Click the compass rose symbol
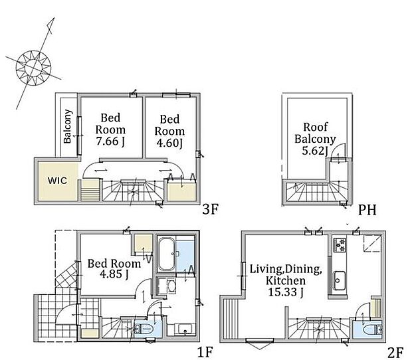click(x=33, y=68)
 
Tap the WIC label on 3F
click(x=57, y=181)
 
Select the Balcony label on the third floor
click(x=68, y=126)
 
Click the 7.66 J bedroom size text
click(x=110, y=141)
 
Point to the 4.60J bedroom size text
click(x=169, y=143)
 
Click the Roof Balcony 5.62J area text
click(x=315, y=139)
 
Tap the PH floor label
click(x=367, y=210)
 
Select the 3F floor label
click(x=210, y=209)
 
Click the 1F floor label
click(x=205, y=352)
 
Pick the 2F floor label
click(x=395, y=353)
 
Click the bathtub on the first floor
click(x=166, y=254)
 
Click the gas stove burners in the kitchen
click(x=340, y=244)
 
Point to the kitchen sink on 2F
click(x=340, y=280)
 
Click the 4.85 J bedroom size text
click(x=114, y=274)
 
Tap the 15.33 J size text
click(x=285, y=292)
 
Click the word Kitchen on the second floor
click(x=286, y=280)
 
